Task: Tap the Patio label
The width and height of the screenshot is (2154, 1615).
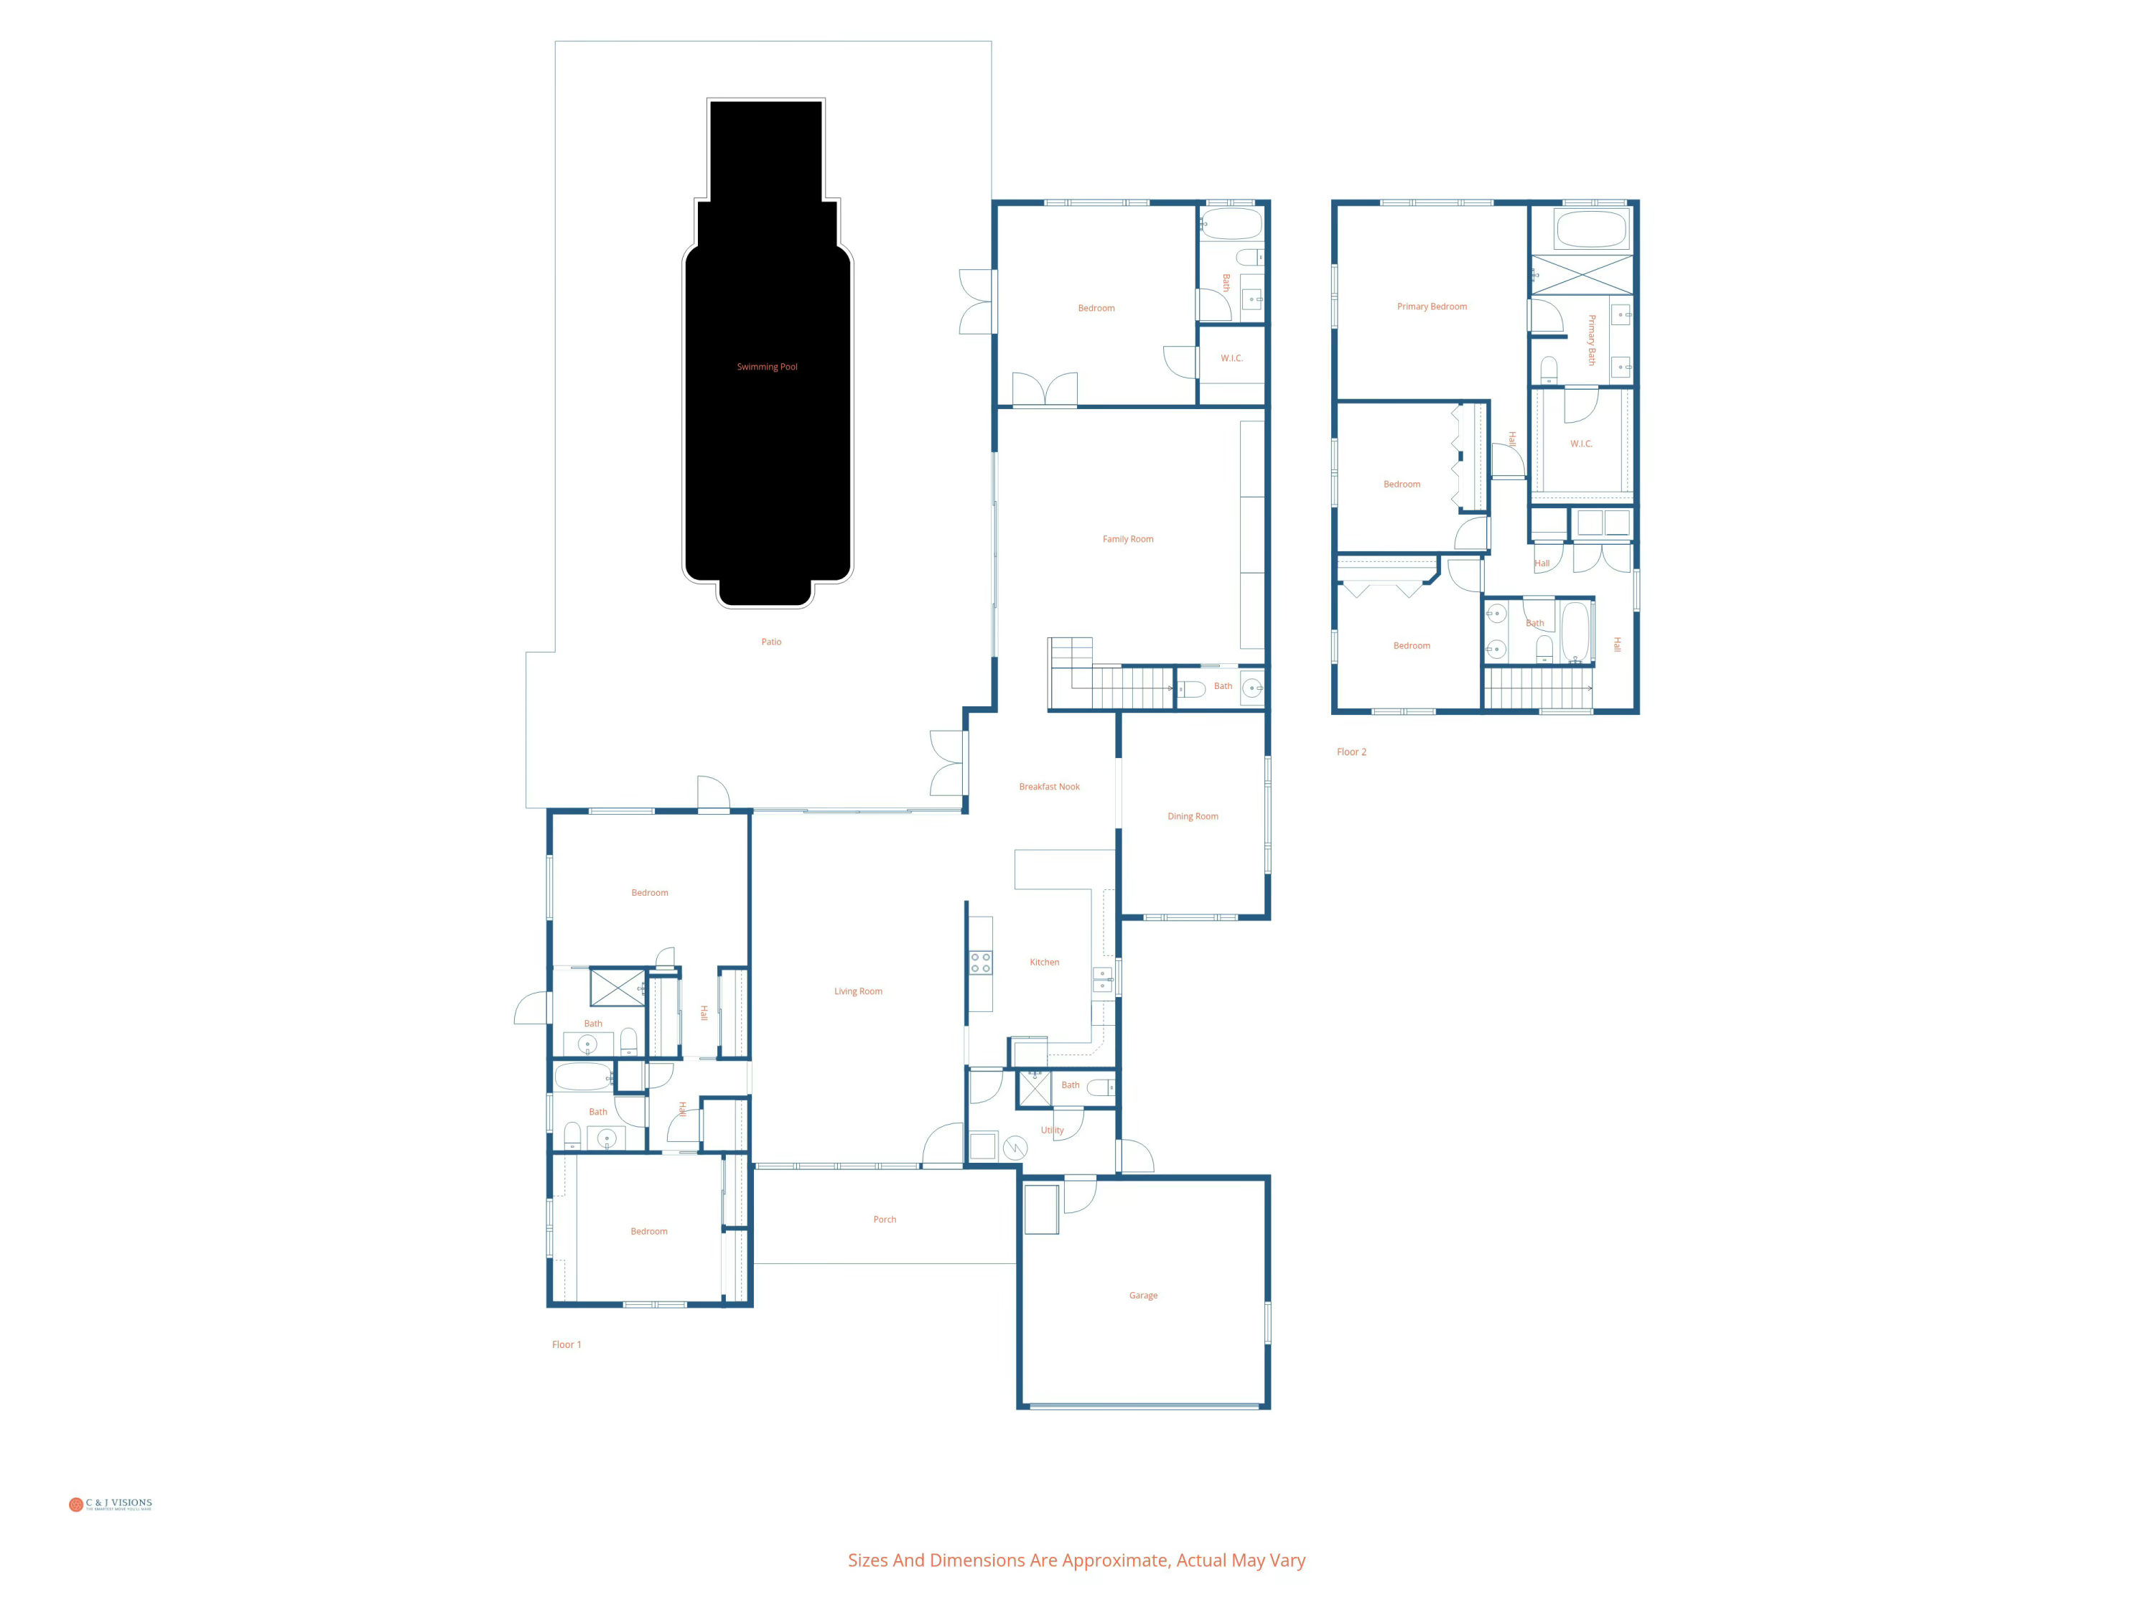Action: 771,642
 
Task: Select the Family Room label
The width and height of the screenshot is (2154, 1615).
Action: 1128,539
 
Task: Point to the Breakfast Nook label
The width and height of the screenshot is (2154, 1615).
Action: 1049,787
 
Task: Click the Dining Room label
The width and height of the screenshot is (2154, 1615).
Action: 1193,817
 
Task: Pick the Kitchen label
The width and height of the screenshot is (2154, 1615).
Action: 1044,962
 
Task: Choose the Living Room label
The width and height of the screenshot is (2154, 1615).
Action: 858,991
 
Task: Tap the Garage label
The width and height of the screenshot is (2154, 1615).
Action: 1143,1296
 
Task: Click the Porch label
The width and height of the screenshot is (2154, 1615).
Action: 884,1220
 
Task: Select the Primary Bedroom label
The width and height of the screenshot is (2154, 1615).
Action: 1432,306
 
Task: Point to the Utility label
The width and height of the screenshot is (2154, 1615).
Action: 1052,1130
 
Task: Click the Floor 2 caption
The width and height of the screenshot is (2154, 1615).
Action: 1351,752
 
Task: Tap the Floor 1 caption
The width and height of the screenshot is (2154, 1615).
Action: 566,1344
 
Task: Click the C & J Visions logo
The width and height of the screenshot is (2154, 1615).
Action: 110,1504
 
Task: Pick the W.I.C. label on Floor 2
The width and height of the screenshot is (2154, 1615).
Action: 1580,444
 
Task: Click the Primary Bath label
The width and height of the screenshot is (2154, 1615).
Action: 1592,340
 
